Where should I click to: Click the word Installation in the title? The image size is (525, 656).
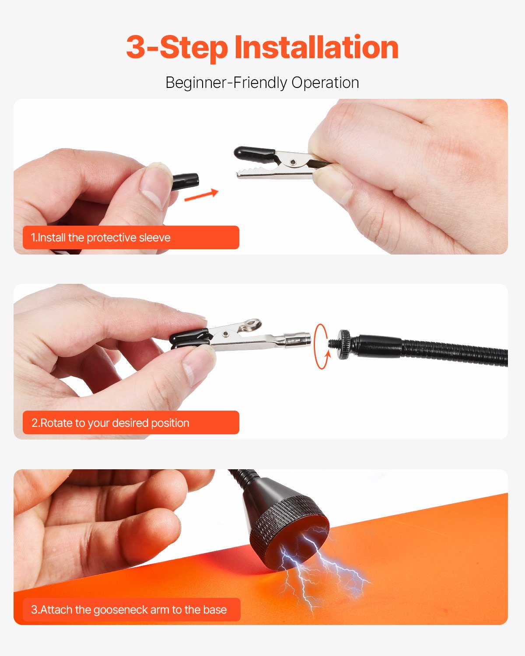tap(316, 47)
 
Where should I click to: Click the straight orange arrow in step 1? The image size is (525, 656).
tap(201, 195)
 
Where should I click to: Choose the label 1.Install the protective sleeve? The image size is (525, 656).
tap(131, 237)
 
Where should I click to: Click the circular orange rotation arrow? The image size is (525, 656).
tap(322, 346)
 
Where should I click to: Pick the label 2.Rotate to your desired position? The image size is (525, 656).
tap(131, 423)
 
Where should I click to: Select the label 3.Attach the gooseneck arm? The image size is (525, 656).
tap(131, 610)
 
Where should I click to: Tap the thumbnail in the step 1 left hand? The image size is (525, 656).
tap(153, 184)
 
